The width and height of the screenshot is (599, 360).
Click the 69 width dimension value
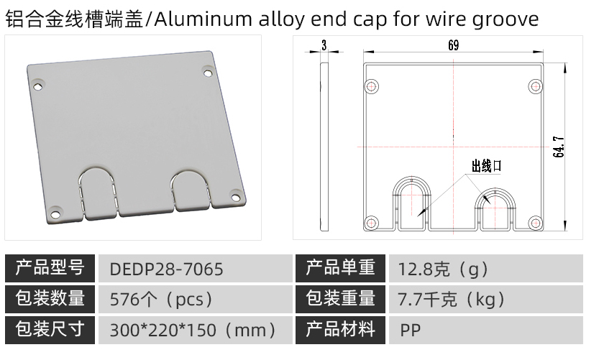(x=454, y=45)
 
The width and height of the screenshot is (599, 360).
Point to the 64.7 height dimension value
(x=558, y=147)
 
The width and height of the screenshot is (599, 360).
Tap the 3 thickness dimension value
(x=324, y=45)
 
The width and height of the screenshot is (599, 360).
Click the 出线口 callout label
(x=486, y=166)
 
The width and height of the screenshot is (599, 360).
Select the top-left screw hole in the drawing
(x=371, y=86)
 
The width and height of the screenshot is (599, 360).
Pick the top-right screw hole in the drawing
(x=536, y=87)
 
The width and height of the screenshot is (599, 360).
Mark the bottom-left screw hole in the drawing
(x=371, y=222)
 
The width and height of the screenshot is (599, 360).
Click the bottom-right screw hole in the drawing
(x=536, y=222)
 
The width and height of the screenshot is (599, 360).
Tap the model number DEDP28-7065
(x=166, y=269)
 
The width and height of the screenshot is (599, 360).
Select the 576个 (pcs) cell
(x=161, y=300)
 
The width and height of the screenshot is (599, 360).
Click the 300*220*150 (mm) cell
(x=193, y=330)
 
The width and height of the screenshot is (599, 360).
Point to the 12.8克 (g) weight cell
(x=443, y=269)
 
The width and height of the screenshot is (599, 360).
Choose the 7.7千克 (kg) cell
(x=452, y=300)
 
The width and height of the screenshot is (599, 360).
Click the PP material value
(x=411, y=330)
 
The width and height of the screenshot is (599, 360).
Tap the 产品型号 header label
(x=50, y=268)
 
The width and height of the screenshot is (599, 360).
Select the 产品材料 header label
(x=340, y=329)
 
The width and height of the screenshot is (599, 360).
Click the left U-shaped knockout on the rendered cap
(x=99, y=193)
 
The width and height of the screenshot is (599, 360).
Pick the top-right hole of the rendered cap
(x=208, y=72)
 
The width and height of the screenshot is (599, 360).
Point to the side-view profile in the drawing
(x=324, y=147)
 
